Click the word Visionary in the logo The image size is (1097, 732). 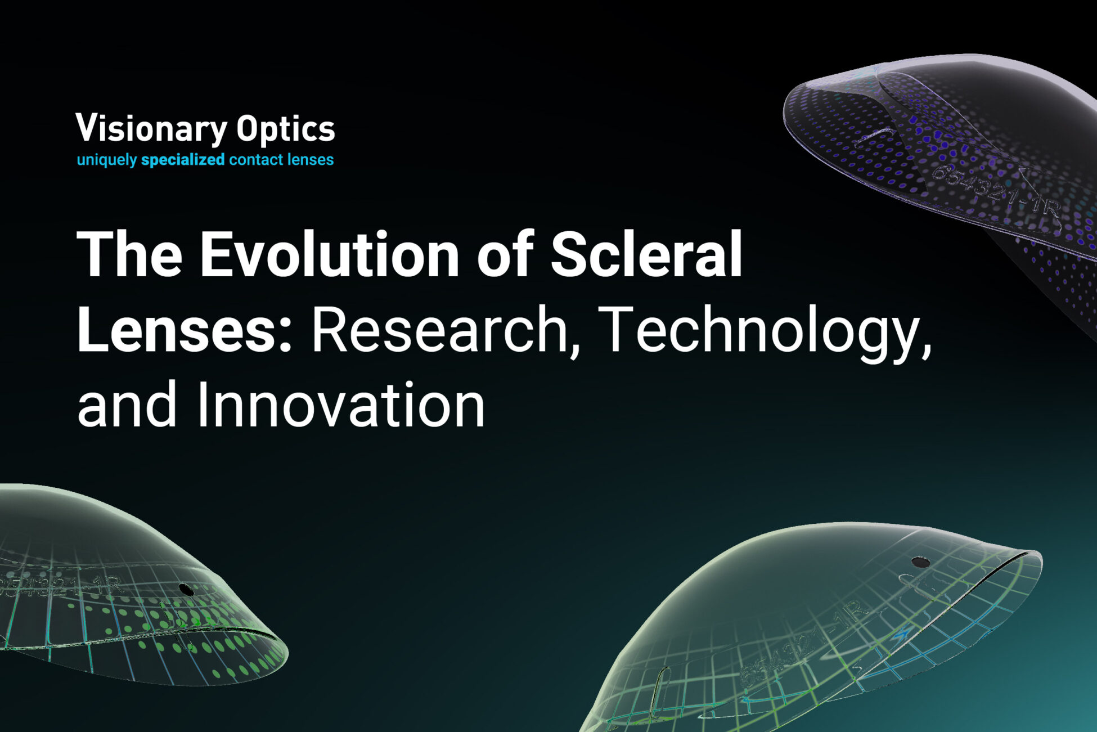(151, 129)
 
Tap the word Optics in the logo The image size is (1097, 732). (285, 129)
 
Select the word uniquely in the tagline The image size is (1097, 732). (106, 160)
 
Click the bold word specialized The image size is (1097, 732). (183, 160)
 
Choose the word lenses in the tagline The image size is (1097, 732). (310, 160)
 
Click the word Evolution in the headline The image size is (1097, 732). (330, 254)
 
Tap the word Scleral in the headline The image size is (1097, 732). (646, 254)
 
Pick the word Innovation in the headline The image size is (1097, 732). (341, 405)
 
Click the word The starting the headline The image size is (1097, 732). (129, 254)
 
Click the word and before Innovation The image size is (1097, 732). (127, 405)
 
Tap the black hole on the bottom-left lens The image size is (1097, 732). (186, 590)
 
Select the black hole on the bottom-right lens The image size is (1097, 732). (920, 562)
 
